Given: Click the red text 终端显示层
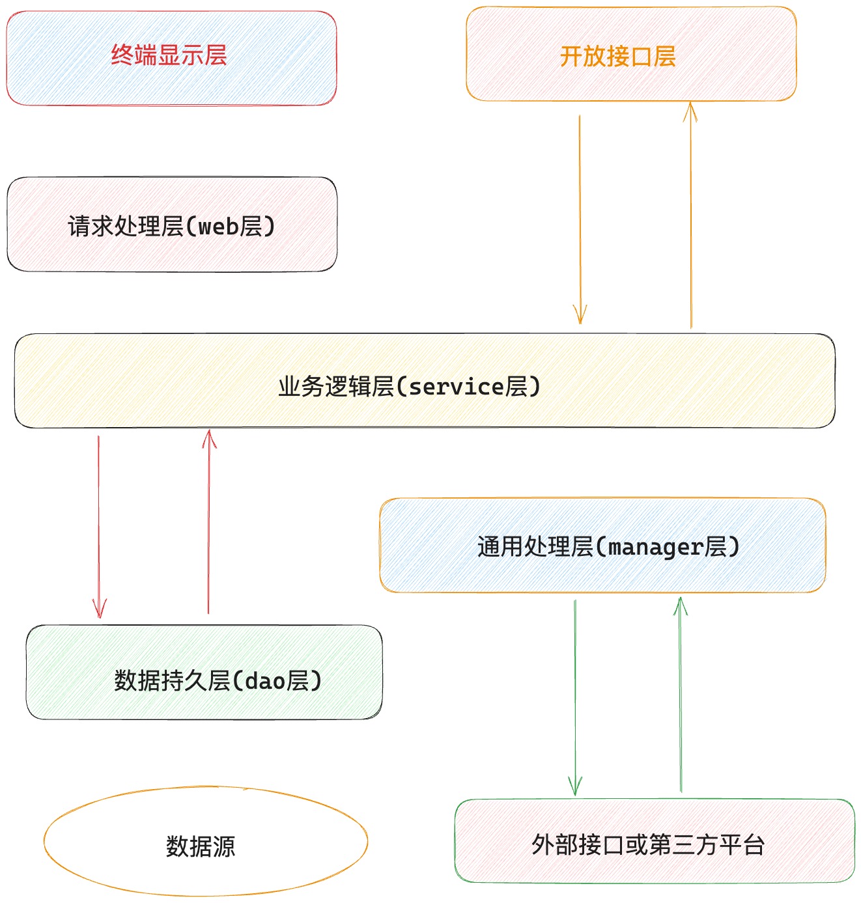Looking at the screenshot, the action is pos(169,55).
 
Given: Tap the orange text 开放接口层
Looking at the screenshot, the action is pos(617,57).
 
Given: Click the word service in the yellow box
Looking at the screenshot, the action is pos(457,387).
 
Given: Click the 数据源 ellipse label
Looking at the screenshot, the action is pos(201,846).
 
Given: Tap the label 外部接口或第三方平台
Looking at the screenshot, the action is pos(648,844).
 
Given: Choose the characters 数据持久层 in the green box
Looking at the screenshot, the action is pos(172,681).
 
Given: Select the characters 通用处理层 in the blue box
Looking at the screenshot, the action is pos(535,547).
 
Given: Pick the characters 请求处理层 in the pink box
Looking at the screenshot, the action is pos(126,227).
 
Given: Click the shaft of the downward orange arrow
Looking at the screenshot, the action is pos(580,219).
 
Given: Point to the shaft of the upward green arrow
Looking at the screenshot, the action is pos(681,695).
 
